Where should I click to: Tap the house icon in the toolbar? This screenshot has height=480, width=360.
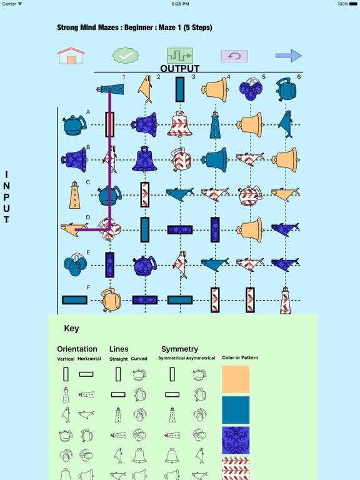[x=71, y=56]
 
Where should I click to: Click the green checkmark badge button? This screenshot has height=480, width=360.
[x=126, y=56]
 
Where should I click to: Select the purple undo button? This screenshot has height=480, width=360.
[x=234, y=56]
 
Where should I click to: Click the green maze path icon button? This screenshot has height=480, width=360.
[x=180, y=56]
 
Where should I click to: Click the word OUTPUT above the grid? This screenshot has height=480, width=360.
[x=180, y=69]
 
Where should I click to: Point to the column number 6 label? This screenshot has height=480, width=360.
[x=299, y=77]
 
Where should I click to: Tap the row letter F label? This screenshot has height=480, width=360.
[x=88, y=287]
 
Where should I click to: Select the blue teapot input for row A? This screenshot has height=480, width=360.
[x=74, y=125]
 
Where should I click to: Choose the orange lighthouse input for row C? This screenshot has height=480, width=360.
[x=75, y=195]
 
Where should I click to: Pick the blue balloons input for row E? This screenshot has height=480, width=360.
[x=75, y=264]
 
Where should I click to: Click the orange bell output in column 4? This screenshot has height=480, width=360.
[x=215, y=90]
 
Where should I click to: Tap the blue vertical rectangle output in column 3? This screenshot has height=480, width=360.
[x=180, y=89]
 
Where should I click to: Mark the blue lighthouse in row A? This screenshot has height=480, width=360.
[x=215, y=124]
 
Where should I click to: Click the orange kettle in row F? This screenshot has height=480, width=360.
[x=110, y=300]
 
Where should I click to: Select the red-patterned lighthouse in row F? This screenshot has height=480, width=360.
[x=285, y=301]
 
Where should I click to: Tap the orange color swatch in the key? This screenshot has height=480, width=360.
[x=236, y=379]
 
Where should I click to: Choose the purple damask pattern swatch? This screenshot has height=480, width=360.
[x=236, y=440]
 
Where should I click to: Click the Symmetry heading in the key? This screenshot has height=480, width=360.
[x=180, y=349]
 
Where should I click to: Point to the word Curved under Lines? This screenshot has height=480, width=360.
[x=139, y=359]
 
